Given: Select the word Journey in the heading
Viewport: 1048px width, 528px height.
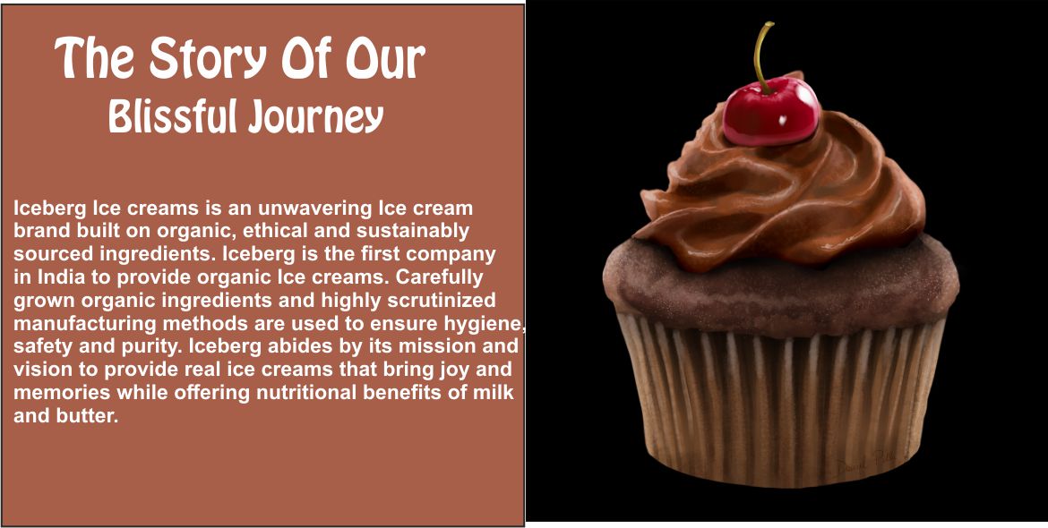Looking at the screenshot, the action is click(x=315, y=117).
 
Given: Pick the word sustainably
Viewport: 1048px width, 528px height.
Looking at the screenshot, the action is click(x=412, y=231).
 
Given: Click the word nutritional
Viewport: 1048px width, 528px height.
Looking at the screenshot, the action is click(x=300, y=392).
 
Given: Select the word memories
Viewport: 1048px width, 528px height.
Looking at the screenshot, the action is click(x=62, y=392).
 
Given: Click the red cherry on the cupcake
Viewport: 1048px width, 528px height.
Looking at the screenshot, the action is click(x=771, y=111).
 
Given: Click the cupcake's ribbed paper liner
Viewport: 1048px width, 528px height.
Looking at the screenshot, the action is click(x=781, y=401).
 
